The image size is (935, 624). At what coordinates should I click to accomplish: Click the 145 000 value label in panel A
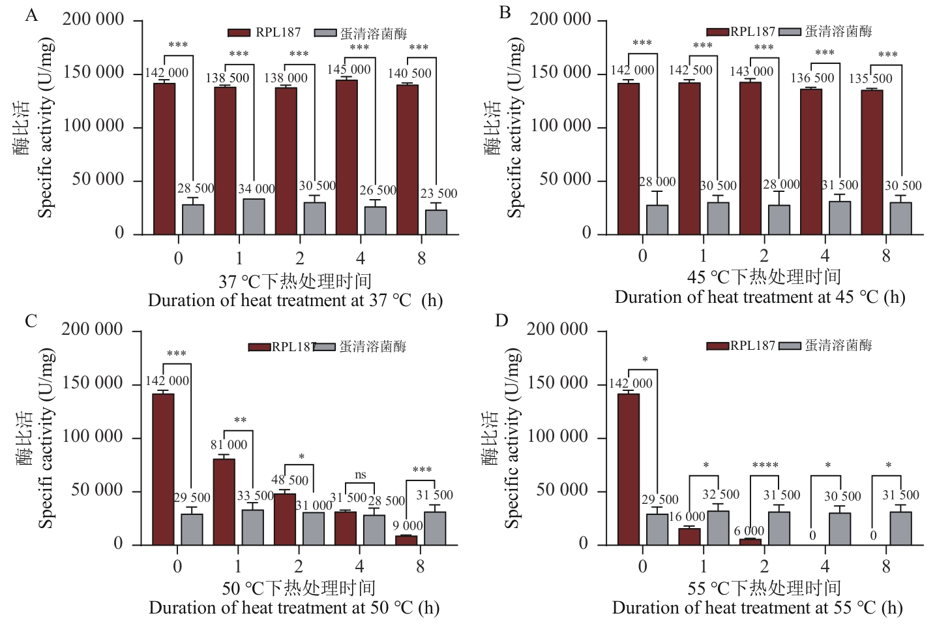click(x=349, y=69)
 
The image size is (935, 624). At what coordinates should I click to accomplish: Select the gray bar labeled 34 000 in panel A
click(x=254, y=216)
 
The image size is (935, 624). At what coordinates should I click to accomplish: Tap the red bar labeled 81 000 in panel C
click(x=224, y=501)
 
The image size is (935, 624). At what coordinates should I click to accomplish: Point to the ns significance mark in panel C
click(x=360, y=476)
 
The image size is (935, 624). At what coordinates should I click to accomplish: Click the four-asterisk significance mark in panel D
click(x=765, y=466)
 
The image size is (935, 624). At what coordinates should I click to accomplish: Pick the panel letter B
click(x=505, y=12)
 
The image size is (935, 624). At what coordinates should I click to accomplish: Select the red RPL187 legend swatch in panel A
click(x=239, y=33)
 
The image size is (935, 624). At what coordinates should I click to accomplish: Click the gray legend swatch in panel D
click(x=791, y=345)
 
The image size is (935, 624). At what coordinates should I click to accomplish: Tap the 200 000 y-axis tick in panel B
click(x=560, y=20)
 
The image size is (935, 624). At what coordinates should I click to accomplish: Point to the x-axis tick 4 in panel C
click(x=360, y=566)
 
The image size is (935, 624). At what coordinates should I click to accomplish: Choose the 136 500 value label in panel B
click(x=812, y=78)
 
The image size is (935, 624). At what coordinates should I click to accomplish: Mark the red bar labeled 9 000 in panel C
click(x=406, y=540)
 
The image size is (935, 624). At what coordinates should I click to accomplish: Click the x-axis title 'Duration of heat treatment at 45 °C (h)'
click(x=760, y=297)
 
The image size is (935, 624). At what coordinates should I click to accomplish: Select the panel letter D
click(x=501, y=320)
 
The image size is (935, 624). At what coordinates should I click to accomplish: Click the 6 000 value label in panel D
click(x=749, y=531)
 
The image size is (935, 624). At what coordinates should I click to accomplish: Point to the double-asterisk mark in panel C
click(x=239, y=421)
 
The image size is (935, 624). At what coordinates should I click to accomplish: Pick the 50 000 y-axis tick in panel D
click(x=562, y=490)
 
